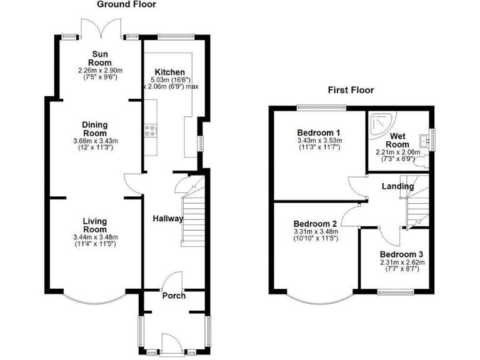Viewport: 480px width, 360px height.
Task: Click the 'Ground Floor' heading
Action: pyautogui.click(x=126, y=4)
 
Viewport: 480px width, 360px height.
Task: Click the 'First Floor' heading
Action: pyautogui.click(x=351, y=90)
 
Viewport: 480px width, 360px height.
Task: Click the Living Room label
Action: pyautogui.click(x=95, y=225)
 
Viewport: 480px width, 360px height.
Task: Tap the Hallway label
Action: pyautogui.click(x=168, y=219)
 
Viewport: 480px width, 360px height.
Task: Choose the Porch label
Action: pyautogui.click(x=174, y=295)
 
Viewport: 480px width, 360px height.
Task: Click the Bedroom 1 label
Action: pyautogui.click(x=318, y=132)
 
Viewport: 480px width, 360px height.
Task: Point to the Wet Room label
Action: pyautogui.click(x=399, y=140)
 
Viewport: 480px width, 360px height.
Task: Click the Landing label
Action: pyautogui.click(x=398, y=186)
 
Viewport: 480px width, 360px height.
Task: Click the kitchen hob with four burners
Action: pyautogui.click(x=150, y=131)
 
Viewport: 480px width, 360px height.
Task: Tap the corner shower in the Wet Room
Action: pyautogui.click(x=377, y=123)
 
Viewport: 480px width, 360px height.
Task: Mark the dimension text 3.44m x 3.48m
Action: pyautogui.click(x=95, y=237)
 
